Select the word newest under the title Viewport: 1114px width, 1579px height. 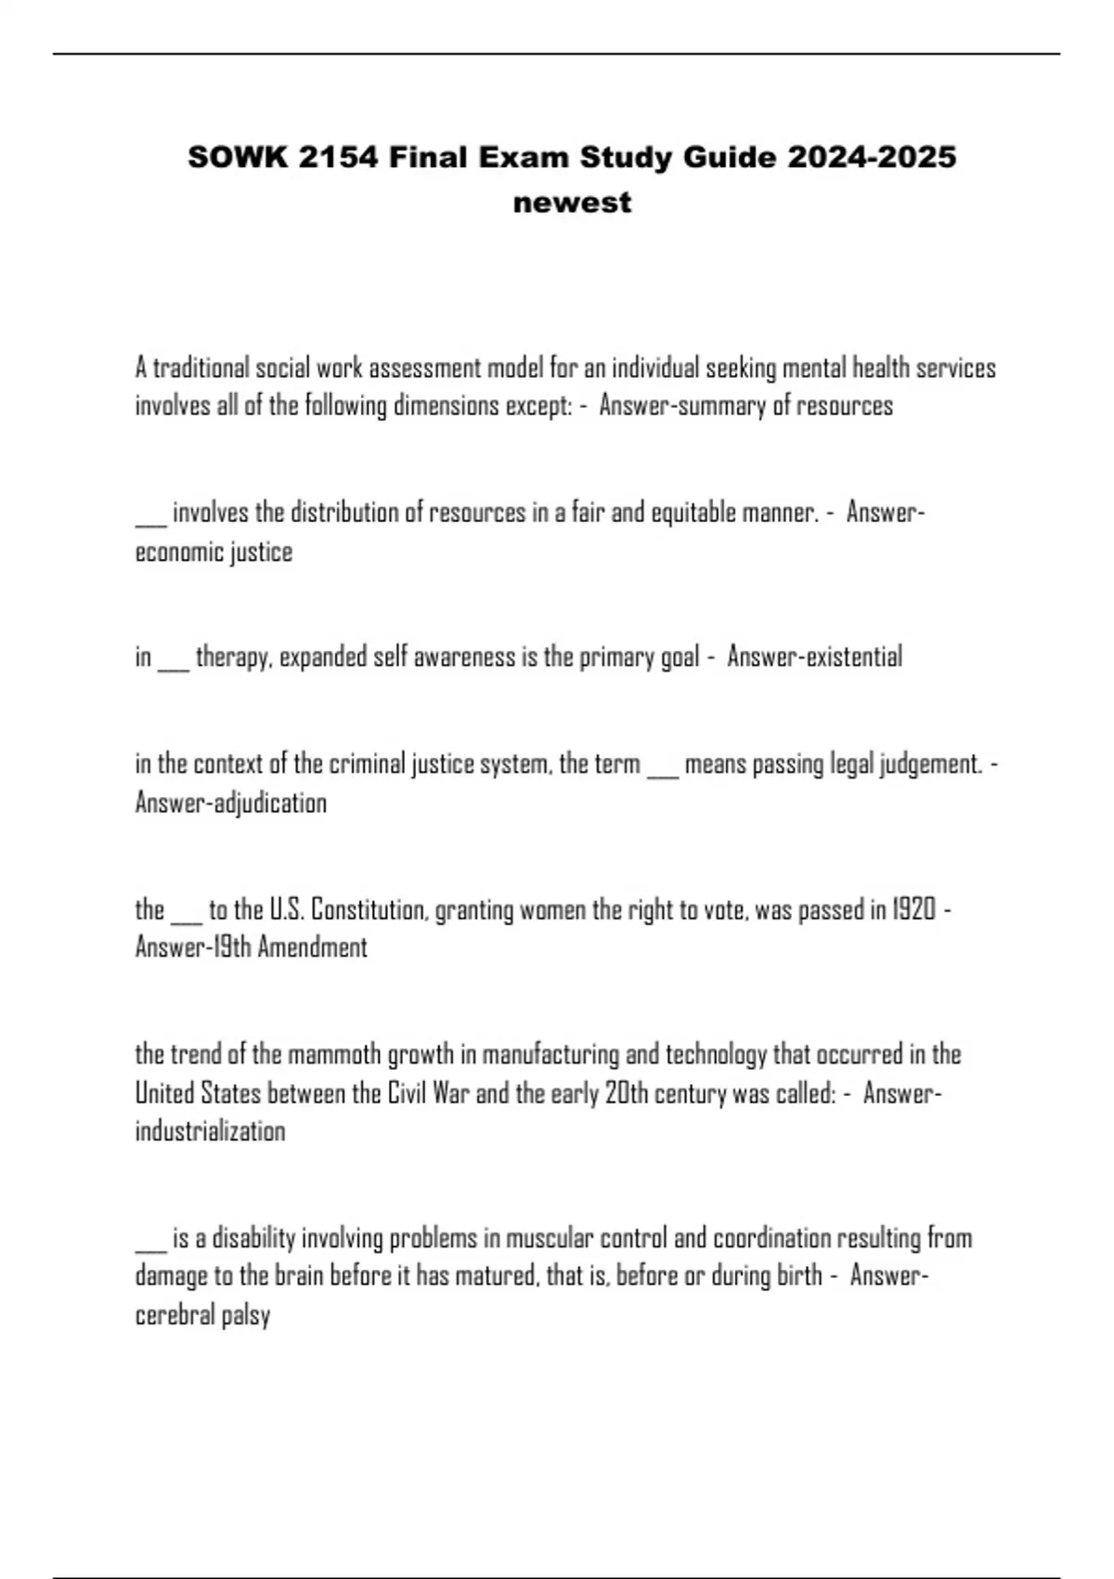pos(572,202)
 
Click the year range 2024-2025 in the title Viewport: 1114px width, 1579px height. pos(871,157)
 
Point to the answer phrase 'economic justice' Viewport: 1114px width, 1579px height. pos(214,552)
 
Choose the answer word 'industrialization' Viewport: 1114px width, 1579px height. pos(210,1131)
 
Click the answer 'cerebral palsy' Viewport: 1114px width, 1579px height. pos(202,1315)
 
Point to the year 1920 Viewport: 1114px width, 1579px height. pos(913,909)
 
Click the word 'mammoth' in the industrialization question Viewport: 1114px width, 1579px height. pos(334,1054)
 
